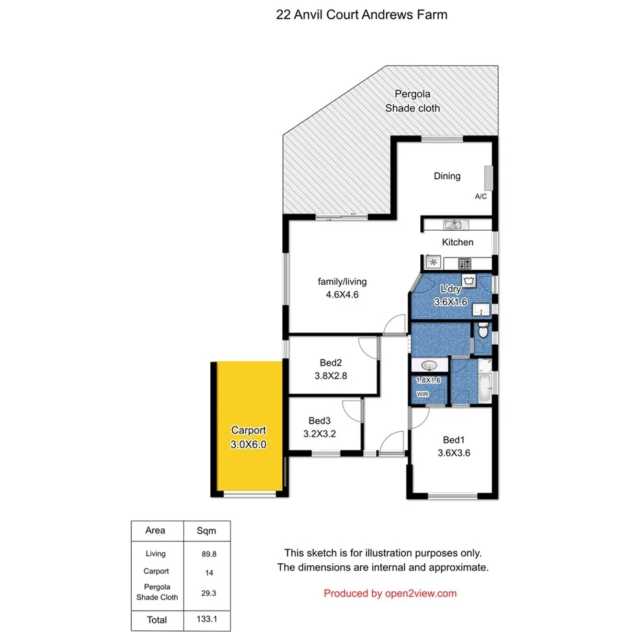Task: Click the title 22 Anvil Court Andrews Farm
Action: (x=361, y=14)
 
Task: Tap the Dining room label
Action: (x=447, y=176)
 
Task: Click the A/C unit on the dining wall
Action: (x=488, y=178)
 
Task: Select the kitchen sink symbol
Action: (x=453, y=225)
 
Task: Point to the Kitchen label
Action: (x=457, y=242)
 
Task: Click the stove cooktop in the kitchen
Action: (x=464, y=262)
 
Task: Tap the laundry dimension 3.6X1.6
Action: (x=450, y=301)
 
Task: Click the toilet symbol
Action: (x=483, y=332)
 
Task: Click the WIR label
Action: (x=421, y=393)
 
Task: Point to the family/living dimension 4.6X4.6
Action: (x=342, y=295)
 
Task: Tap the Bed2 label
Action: (x=331, y=363)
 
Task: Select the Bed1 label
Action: (x=453, y=440)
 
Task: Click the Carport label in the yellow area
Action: (x=248, y=431)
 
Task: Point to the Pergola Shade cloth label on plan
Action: (x=413, y=101)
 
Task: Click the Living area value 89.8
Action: (x=207, y=553)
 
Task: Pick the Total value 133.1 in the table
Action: (x=207, y=619)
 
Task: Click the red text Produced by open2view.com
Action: (x=390, y=593)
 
